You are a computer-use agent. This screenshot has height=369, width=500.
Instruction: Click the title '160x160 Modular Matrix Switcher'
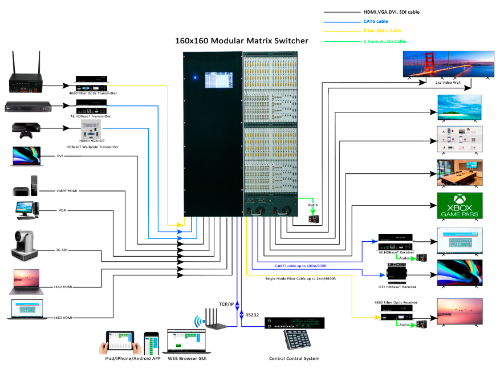point(241,41)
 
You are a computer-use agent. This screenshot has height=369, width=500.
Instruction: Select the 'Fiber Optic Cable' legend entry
point(383,31)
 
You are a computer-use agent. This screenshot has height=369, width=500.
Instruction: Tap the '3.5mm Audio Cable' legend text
point(385,42)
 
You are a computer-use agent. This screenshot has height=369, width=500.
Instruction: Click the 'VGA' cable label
point(62,210)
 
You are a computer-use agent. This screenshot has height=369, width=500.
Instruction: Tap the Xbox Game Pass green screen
point(460,205)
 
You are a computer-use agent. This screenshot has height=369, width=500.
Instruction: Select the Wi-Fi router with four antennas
point(214,319)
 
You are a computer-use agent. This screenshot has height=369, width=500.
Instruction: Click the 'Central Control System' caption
point(294,358)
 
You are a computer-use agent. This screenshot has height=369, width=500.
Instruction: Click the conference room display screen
point(460,172)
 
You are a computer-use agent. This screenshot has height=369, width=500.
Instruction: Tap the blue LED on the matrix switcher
point(195,77)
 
